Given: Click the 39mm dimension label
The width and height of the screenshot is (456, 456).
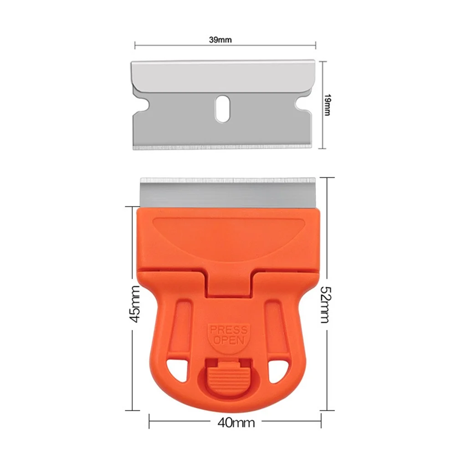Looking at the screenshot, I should tap(220, 40).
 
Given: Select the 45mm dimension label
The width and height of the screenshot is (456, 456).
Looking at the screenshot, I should tap(134, 304).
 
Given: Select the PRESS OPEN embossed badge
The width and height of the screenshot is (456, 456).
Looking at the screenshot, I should tap(228, 335).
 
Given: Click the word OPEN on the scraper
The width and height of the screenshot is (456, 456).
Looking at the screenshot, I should tap(228, 340).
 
